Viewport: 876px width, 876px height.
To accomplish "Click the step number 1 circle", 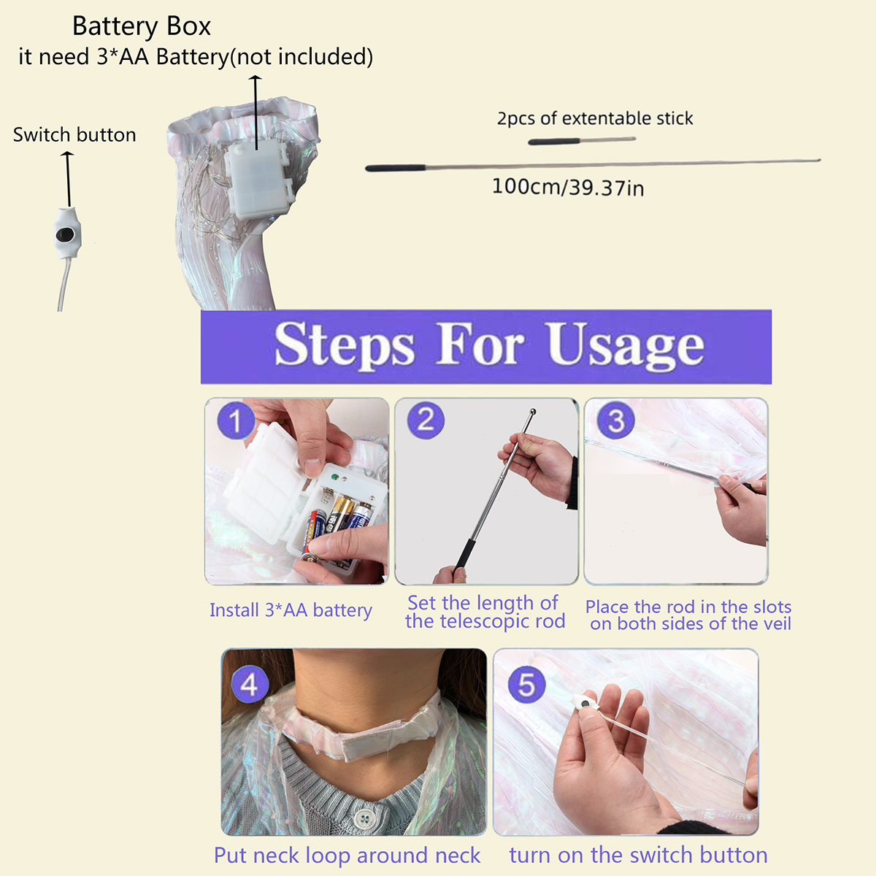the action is tap(236, 420).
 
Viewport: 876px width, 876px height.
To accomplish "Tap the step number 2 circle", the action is tap(426, 420).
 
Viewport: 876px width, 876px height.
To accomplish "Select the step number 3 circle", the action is tap(615, 420).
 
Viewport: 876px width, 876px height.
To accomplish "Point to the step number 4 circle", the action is tap(250, 684).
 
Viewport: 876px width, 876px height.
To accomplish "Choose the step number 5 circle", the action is tap(527, 685).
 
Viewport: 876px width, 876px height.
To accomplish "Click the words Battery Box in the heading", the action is tap(142, 26).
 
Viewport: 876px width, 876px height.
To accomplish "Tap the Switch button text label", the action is tap(74, 134).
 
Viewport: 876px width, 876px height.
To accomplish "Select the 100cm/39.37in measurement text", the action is tap(568, 187).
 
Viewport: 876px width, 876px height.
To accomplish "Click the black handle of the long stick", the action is tap(396, 168).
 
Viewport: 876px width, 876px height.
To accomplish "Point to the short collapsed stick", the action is tap(582, 140).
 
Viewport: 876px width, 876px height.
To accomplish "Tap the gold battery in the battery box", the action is tap(339, 514).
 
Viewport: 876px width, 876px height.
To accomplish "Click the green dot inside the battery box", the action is tap(335, 477).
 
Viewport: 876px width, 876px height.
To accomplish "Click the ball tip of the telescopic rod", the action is tap(533, 412).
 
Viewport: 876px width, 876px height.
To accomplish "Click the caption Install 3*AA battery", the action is tap(291, 610).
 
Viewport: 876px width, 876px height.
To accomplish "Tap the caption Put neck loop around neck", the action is tap(347, 855).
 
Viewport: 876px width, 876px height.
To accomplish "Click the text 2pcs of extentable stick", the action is tap(595, 118).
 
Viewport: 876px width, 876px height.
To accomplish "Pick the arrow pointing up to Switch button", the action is tap(68, 179).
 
